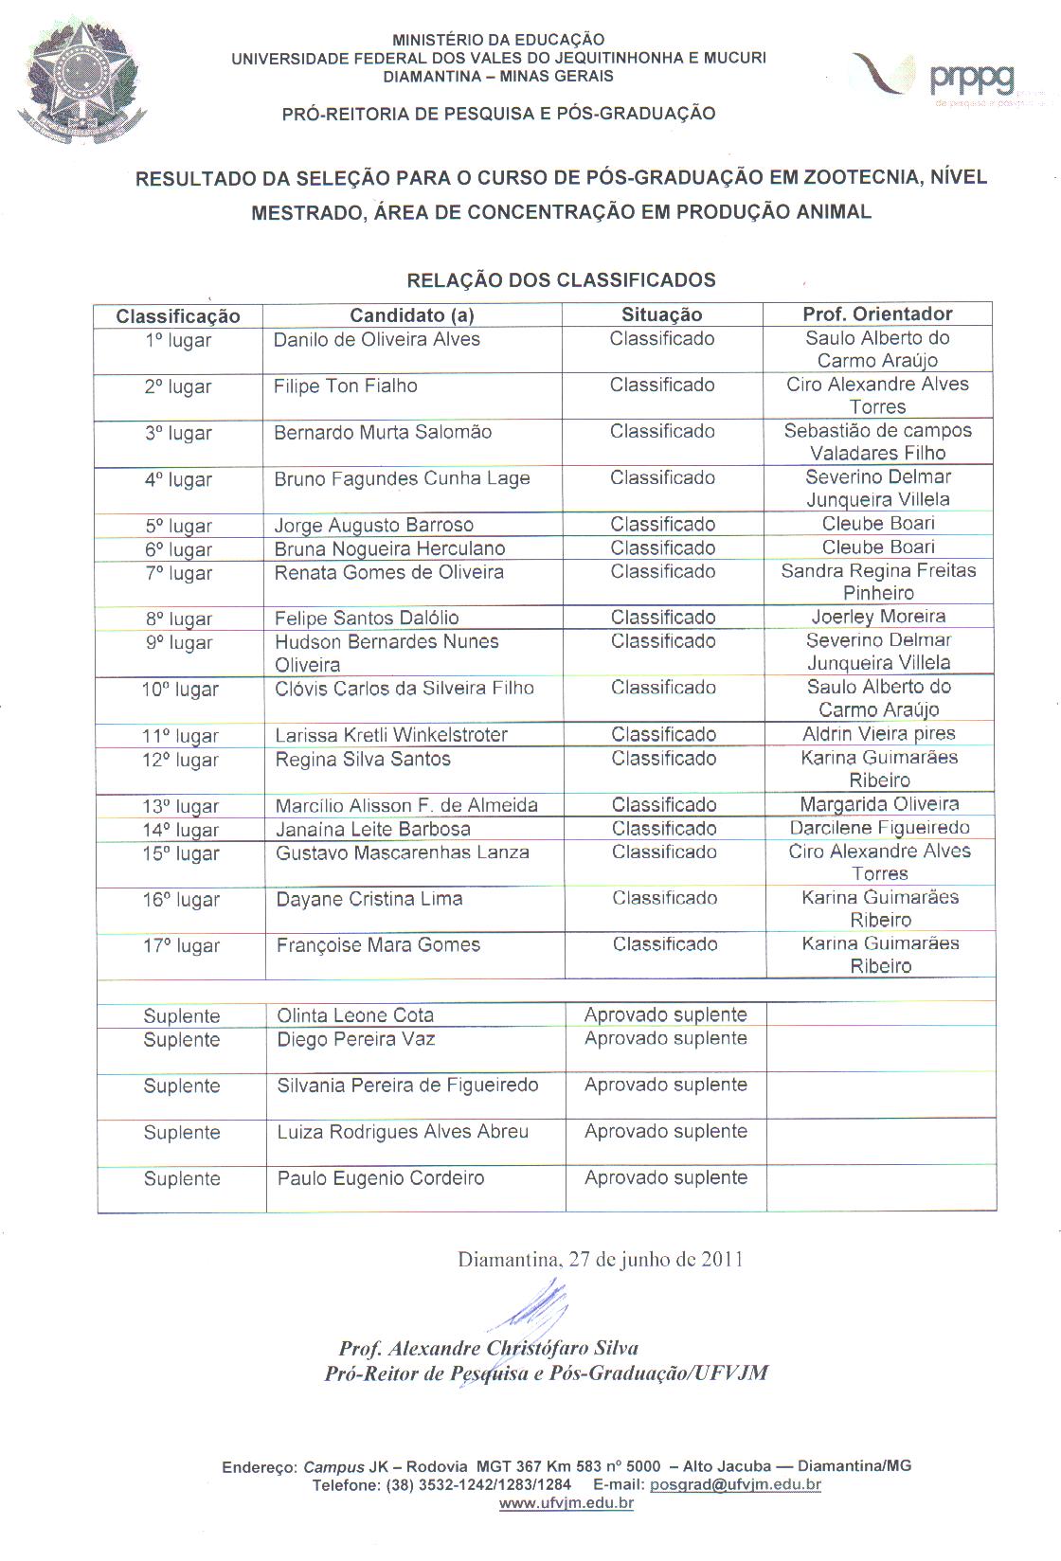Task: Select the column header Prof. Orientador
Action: tap(877, 314)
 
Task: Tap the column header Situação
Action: tap(661, 315)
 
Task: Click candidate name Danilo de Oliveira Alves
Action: tap(377, 340)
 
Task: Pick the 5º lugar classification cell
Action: tap(178, 526)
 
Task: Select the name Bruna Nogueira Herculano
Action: tap(389, 549)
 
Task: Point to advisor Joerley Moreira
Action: tap(878, 617)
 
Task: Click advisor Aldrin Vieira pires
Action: tap(879, 734)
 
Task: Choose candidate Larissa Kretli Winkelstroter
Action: tap(391, 735)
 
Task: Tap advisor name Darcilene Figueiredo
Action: tap(880, 828)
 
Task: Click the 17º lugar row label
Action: tap(181, 946)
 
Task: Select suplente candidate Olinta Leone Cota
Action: tap(355, 1015)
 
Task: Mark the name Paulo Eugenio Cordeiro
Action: tap(381, 1178)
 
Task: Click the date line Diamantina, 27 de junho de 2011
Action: tap(600, 1260)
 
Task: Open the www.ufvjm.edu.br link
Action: tap(566, 1503)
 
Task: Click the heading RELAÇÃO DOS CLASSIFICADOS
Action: tap(561, 280)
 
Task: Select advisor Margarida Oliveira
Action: tap(879, 804)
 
